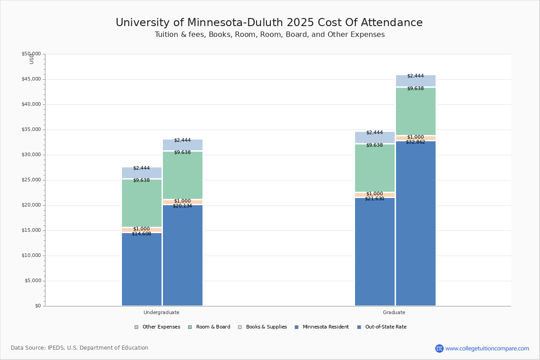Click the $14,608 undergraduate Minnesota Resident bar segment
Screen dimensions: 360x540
pyautogui.click(x=142, y=270)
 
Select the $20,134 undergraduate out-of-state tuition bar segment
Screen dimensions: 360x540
pyautogui.click(x=183, y=256)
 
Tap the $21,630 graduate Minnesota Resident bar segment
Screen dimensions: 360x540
pyautogui.click(x=375, y=252)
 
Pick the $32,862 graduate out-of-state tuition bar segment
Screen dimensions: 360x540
pyautogui.click(x=416, y=225)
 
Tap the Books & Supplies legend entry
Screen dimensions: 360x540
pyautogui.click(x=263, y=327)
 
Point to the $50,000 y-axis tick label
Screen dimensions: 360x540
pyautogui.click(x=31, y=54)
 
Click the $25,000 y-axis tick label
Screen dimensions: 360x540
pyautogui.click(x=31, y=180)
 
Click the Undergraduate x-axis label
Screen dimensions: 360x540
pyautogui.click(x=162, y=312)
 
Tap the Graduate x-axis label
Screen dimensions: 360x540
pyautogui.click(x=394, y=312)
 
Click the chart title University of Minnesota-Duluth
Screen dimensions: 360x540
pyautogui.click(x=269, y=23)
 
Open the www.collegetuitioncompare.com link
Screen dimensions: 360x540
pyautogui.click(x=487, y=348)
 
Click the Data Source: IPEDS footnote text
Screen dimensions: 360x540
pyautogui.click(x=80, y=348)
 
